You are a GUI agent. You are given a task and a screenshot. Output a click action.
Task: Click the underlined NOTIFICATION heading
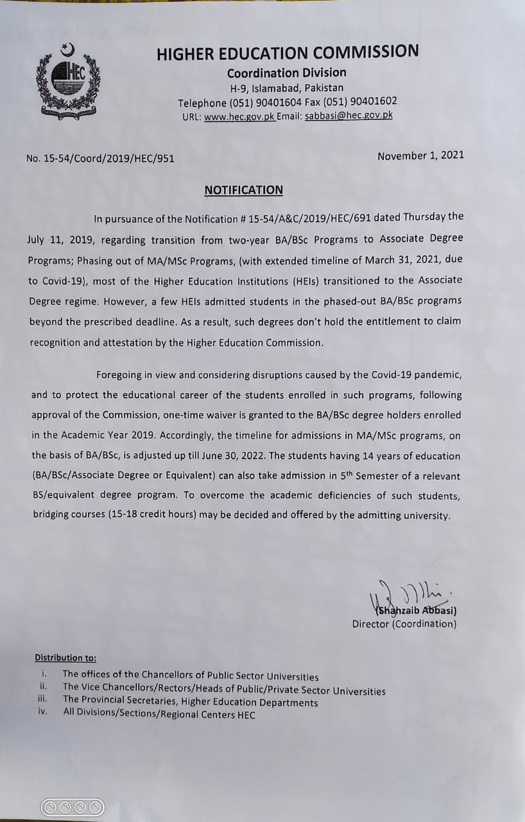tap(243, 190)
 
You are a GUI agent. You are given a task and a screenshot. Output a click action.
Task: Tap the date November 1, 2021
tap(420, 155)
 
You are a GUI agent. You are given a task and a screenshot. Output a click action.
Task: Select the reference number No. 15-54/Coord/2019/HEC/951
tap(100, 158)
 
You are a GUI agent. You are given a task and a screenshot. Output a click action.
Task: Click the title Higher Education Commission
tap(288, 53)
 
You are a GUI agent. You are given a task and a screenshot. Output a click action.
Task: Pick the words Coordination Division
tap(286, 73)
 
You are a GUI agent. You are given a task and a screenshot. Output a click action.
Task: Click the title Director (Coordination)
tap(404, 624)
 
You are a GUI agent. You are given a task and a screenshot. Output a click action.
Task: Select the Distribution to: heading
tap(65, 658)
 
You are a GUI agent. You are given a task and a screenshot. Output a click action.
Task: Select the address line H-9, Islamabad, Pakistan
tap(287, 88)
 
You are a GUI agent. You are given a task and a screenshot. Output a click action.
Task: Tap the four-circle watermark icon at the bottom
tap(72, 807)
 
